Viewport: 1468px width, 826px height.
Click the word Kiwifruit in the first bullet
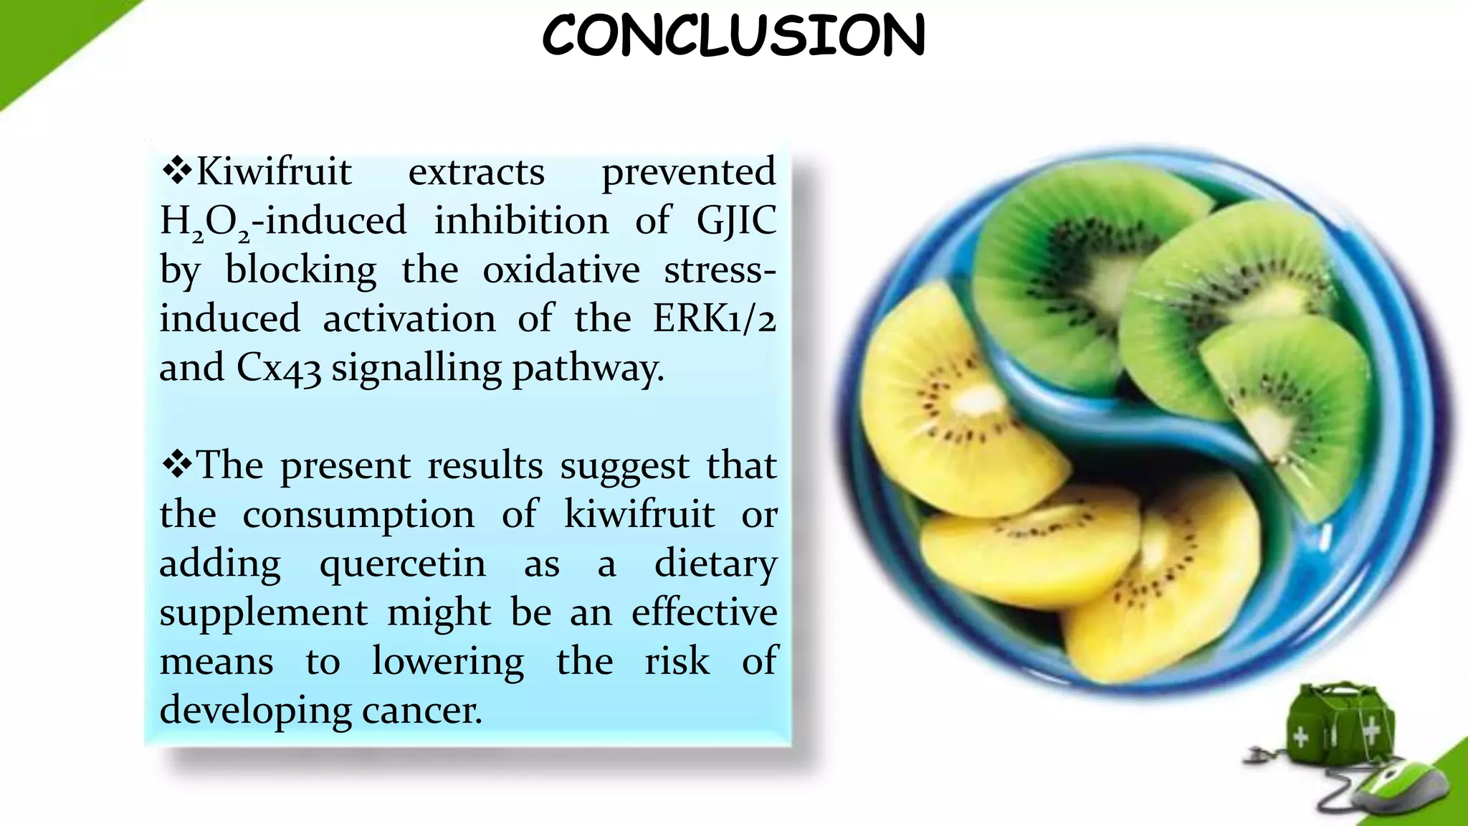pyautogui.click(x=274, y=172)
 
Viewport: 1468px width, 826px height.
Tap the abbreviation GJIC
pyautogui.click(x=736, y=221)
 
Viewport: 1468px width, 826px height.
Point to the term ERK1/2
pyautogui.click(x=714, y=318)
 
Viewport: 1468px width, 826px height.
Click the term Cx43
pyautogui.click(x=278, y=369)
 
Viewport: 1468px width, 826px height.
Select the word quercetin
pyautogui.click(x=403, y=564)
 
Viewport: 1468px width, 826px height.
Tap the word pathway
pyautogui.click(x=588, y=369)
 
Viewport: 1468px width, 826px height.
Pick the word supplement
pyautogui.click(x=263, y=613)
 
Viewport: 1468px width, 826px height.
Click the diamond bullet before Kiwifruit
pyautogui.click(x=176, y=171)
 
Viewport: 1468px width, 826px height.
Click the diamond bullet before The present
pyautogui.click(x=176, y=465)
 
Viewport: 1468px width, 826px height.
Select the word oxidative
pyautogui.click(x=561, y=270)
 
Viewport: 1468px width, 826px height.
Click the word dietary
pyautogui.click(x=715, y=564)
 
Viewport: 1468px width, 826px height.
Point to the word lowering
pyautogui.click(x=448, y=661)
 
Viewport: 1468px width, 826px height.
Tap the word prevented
pyautogui.click(x=688, y=172)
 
